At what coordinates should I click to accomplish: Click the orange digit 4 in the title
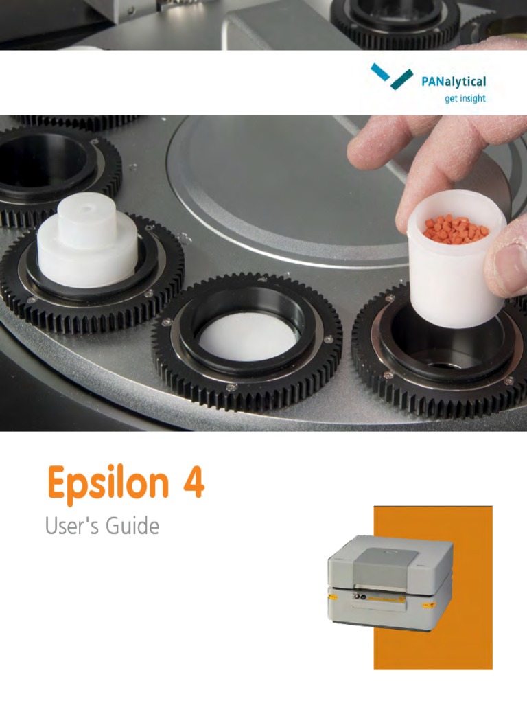193,483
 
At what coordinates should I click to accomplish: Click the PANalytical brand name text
453,82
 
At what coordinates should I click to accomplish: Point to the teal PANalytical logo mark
391,76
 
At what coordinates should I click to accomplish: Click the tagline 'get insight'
465,98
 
